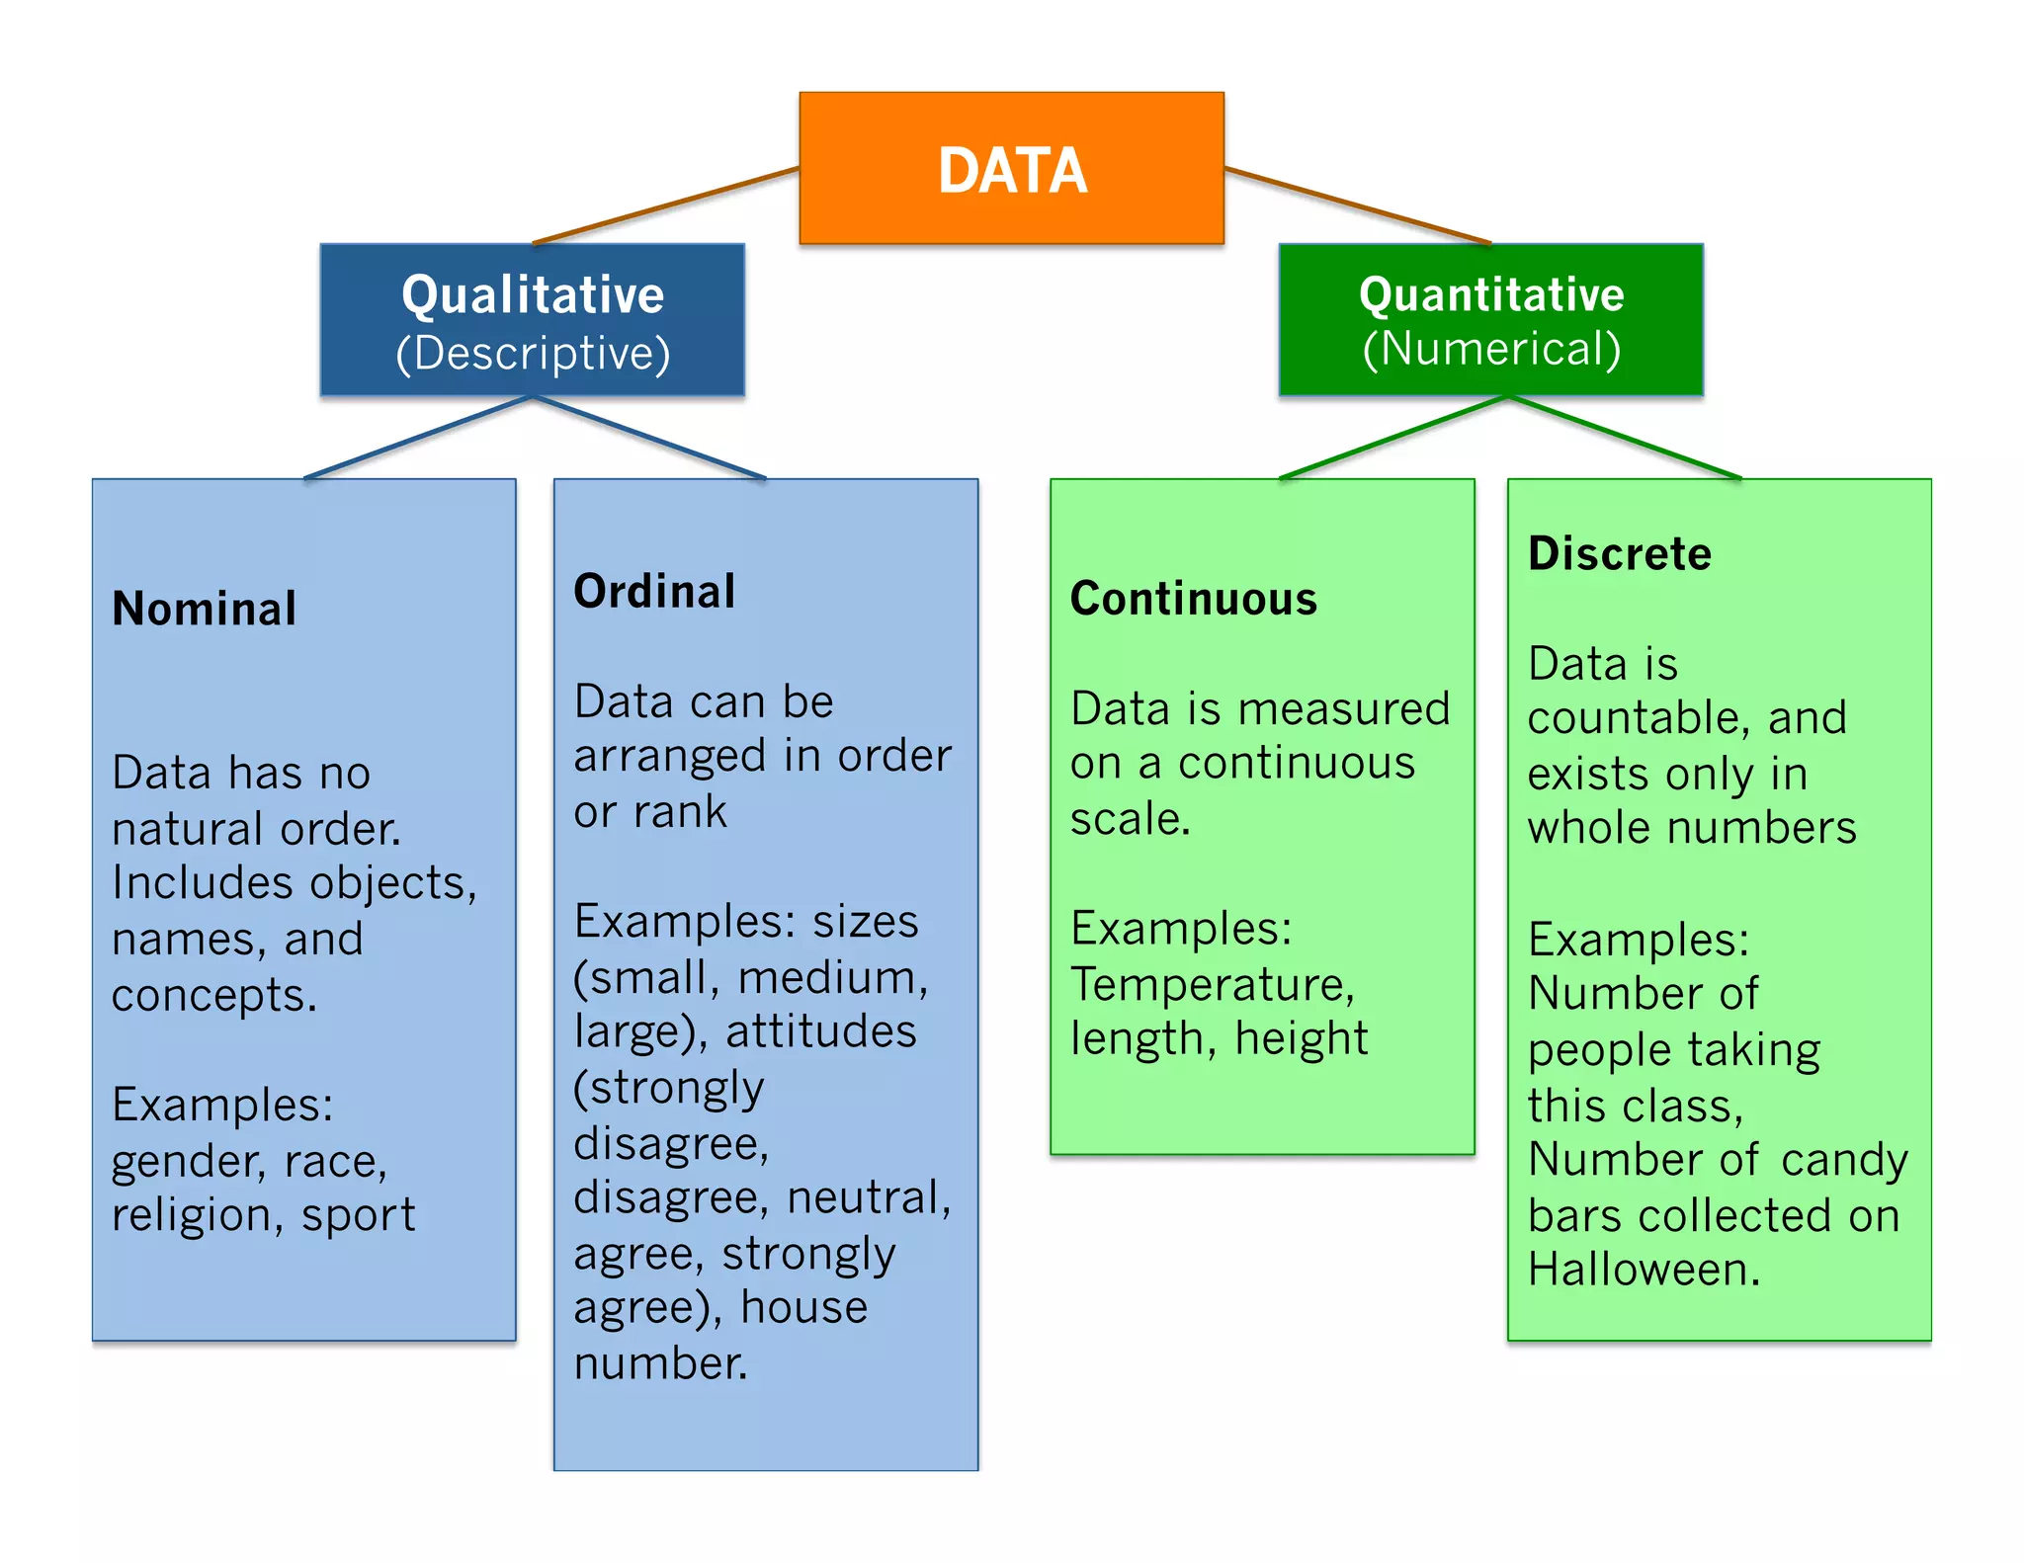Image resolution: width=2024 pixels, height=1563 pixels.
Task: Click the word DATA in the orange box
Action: [x=1012, y=170]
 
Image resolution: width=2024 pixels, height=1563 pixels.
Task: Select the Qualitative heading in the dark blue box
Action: [x=533, y=294]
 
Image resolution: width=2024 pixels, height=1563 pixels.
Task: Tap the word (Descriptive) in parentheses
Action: [x=533, y=353]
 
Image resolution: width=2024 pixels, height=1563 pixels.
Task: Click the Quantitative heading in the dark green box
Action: [x=1491, y=294]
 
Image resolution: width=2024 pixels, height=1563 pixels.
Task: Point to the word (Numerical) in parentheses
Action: [x=1491, y=349]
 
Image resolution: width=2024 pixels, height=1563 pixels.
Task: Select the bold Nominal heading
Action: [x=205, y=608]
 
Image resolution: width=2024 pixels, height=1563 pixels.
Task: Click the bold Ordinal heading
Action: [x=654, y=591]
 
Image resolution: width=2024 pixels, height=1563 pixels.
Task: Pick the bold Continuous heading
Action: [x=1194, y=599]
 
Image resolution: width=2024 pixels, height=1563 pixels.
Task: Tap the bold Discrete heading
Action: [x=1620, y=553]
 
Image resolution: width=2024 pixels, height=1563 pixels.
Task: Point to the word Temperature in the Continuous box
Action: [x=1212, y=984]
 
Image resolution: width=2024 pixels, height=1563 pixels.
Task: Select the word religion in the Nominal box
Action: [x=190, y=1215]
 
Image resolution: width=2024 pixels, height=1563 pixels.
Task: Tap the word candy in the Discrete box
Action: [x=1844, y=1160]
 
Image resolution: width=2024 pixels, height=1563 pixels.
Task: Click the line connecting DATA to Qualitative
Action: [x=665, y=206]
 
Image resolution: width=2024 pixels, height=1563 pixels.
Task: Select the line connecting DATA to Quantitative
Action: [x=1358, y=206]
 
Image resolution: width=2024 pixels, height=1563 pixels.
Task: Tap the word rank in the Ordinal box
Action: [x=680, y=812]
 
